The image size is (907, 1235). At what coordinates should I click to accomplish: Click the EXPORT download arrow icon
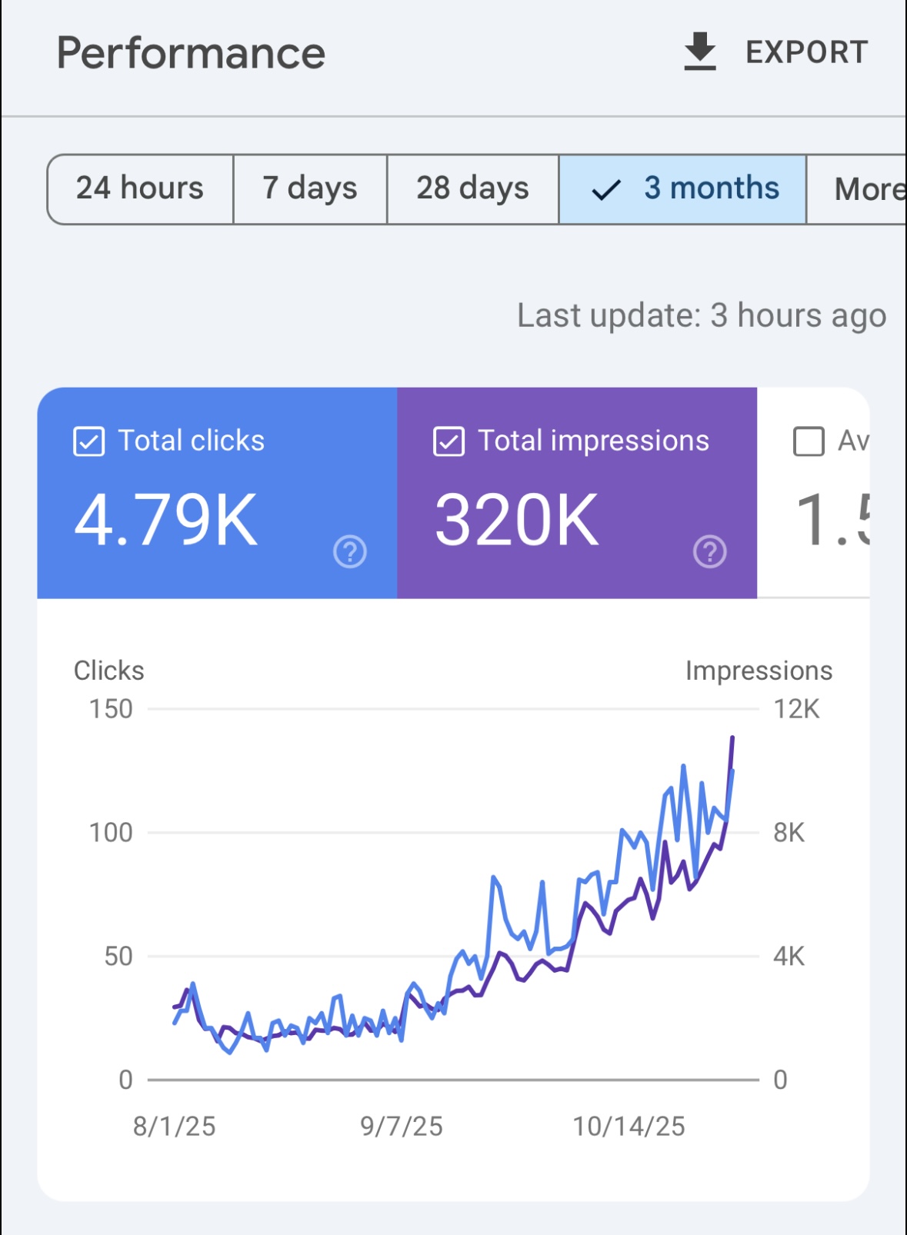pyautogui.click(x=699, y=52)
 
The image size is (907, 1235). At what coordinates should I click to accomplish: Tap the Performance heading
pyautogui.click(x=191, y=53)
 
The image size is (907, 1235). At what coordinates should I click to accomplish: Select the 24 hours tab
pyautogui.click(x=140, y=188)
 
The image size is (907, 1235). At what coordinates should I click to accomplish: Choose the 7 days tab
pyautogui.click(x=309, y=188)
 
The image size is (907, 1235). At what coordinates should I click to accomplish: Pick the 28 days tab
pyautogui.click(x=472, y=188)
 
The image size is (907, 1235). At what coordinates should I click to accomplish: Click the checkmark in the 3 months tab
pyautogui.click(x=606, y=190)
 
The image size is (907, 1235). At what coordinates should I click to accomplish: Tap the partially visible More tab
pyautogui.click(x=868, y=189)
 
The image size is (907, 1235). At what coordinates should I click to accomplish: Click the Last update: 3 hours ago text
pyautogui.click(x=701, y=315)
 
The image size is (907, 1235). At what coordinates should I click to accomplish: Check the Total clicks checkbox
pyautogui.click(x=89, y=441)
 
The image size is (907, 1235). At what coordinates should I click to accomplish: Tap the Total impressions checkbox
pyautogui.click(x=448, y=441)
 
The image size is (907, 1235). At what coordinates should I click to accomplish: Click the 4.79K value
pyautogui.click(x=166, y=521)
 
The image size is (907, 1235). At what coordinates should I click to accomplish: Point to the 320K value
pyautogui.click(x=516, y=521)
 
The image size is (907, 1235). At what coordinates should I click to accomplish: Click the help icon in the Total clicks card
pyautogui.click(x=350, y=551)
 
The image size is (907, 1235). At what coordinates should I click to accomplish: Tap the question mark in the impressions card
pyautogui.click(x=709, y=551)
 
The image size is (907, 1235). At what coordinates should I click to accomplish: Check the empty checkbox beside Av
pyautogui.click(x=809, y=441)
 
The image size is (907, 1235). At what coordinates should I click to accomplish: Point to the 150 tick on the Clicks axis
pyautogui.click(x=111, y=709)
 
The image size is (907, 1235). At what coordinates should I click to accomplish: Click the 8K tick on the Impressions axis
pyautogui.click(x=789, y=833)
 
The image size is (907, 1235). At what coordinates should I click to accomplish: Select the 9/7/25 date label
pyautogui.click(x=402, y=1127)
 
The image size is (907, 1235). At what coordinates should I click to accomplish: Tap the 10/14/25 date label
pyautogui.click(x=629, y=1127)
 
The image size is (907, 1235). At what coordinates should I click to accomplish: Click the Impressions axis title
pyautogui.click(x=759, y=671)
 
